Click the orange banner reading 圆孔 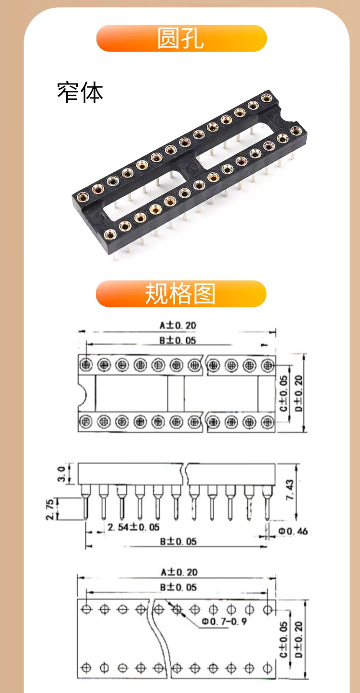pyautogui.click(x=181, y=38)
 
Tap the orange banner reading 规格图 pyautogui.click(x=181, y=293)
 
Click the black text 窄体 pyautogui.click(x=80, y=93)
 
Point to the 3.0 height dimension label pyautogui.click(x=61, y=474)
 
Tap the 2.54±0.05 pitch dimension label pyautogui.click(x=133, y=527)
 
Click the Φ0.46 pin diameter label pyautogui.click(x=292, y=531)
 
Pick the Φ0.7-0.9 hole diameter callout pyautogui.click(x=224, y=621)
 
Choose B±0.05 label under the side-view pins pyautogui.click(x=178, y=541)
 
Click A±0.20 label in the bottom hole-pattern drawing pyautogui.click(x=179, y=572)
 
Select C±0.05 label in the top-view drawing pyautogui.click(x=284, y=394)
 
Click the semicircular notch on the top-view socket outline pyautogui.click(x=83, y=394)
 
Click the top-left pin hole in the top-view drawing pyautogui.click(x=86, y=365)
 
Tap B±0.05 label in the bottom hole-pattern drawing pyautogui.click(x=178, y=587)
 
